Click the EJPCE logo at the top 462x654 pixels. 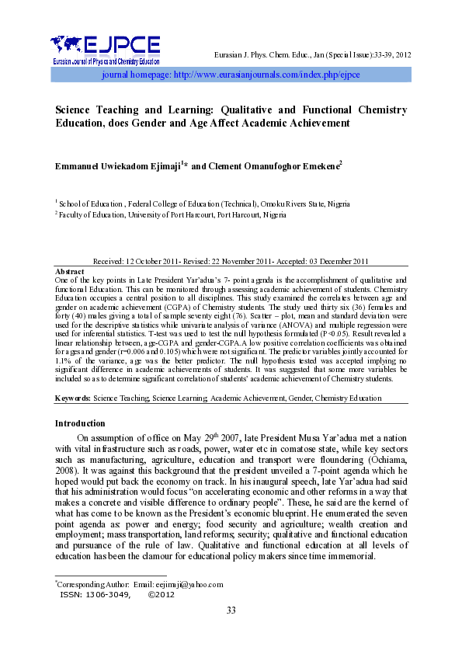tap(105, 49)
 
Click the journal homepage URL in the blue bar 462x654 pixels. tap(230, 75)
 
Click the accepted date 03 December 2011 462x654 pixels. tap(334, 261)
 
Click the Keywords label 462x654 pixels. tap(72, 398)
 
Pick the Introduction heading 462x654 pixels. tap(80, 423)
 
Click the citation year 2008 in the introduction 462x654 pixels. tap(68, 471)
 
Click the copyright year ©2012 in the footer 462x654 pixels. tap(161, 594)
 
